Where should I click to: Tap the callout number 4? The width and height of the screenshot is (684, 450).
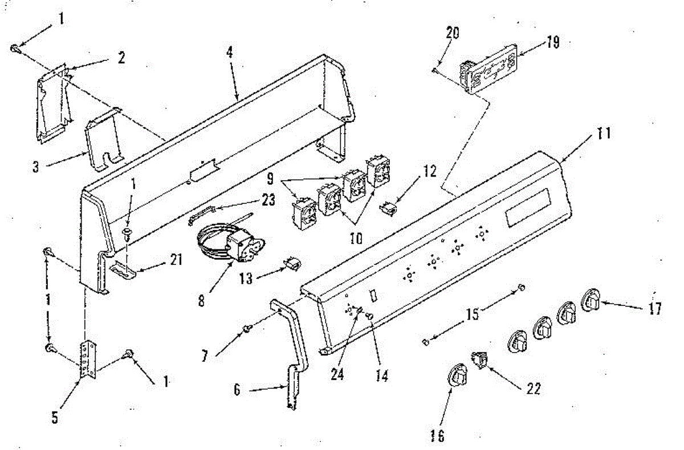tap(229, 52)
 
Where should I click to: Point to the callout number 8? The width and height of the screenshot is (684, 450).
tap(202, 300)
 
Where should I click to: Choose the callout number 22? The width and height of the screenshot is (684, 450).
tap(533, 388)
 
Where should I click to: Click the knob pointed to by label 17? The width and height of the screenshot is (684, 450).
tap(590, 301)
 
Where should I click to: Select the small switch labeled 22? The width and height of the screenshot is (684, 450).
tap(478, 361)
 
